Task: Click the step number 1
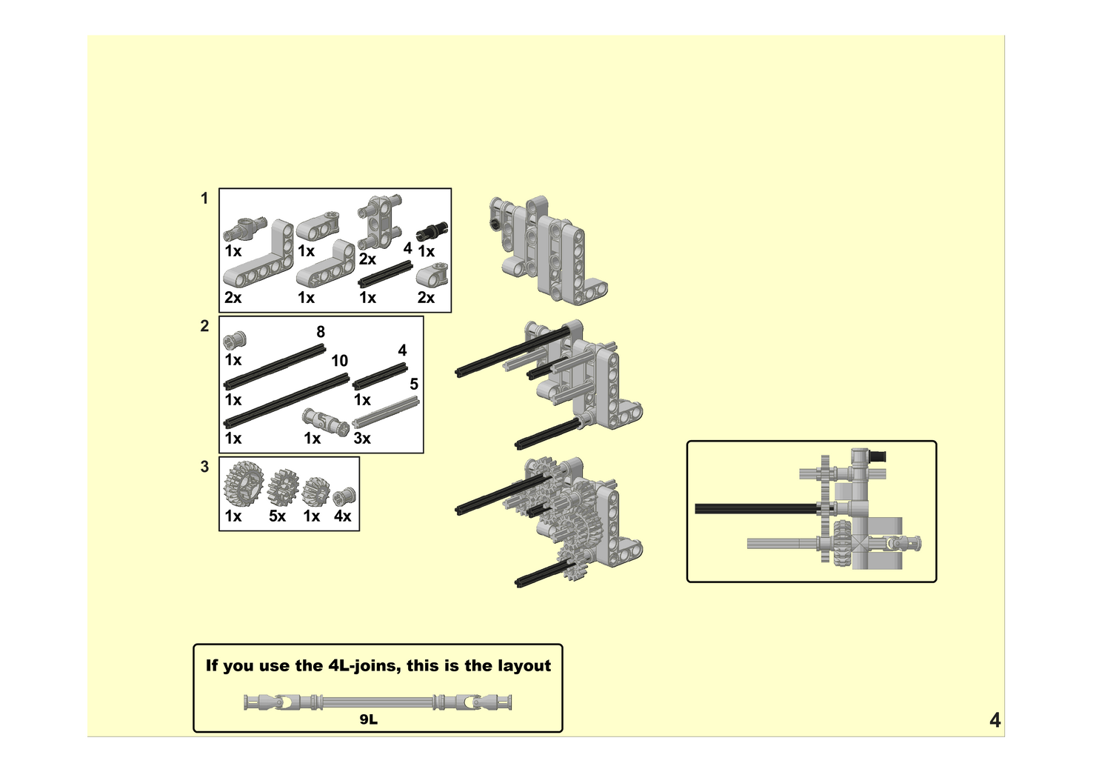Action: coord(204,199)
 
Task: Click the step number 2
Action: coord(204,326)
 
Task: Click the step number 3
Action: coord(204,467)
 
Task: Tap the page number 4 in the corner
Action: coord(995,720)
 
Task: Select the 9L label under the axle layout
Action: coord(369,719)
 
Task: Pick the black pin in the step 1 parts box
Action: coord(432,231)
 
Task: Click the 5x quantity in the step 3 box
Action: coord(277,516)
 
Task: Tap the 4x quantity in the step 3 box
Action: coord(342,516)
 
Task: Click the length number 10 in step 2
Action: coord(339,361)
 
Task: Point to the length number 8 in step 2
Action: coord(321,332)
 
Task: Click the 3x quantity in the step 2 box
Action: coord(362,439)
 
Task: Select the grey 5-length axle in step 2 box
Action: coord(386,412)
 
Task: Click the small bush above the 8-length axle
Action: coord(234,341)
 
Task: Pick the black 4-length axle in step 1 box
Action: coord(385,273)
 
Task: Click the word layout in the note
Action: coord(524,665)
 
